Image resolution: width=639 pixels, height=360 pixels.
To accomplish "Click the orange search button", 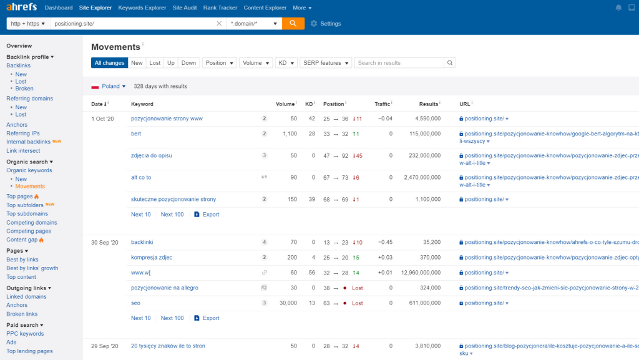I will [293, 23].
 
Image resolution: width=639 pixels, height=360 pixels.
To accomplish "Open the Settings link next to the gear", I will [330, 24].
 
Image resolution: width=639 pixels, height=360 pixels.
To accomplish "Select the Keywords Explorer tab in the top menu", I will [142, 8].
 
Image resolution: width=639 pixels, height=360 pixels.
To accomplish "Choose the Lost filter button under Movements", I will [155, 63].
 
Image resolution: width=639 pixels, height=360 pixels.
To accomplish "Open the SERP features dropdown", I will [325, 63].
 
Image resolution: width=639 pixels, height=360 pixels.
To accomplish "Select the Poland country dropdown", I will [110, 86].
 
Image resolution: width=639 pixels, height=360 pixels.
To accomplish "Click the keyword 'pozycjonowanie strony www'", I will [167, 119].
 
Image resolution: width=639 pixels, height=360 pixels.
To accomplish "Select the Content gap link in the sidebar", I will [22, 240].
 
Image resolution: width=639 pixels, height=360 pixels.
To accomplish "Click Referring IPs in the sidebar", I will [22, 134].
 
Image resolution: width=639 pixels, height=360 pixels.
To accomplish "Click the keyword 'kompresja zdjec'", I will [152, 258].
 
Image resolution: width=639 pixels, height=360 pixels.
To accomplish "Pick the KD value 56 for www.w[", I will [311, 273].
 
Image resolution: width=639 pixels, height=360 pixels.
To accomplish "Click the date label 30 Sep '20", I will [104, 242].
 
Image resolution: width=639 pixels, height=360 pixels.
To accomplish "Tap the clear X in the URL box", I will [219, 24].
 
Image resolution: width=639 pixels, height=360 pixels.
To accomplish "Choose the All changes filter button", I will [109, 63].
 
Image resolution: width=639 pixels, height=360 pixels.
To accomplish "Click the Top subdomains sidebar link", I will [27, 213].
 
